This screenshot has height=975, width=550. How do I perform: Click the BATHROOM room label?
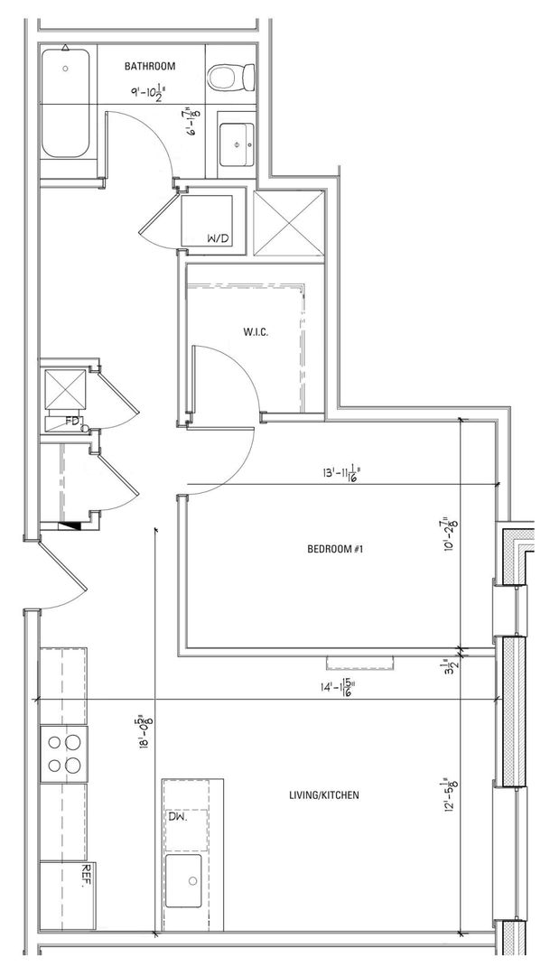151,66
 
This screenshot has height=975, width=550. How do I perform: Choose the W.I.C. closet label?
256,332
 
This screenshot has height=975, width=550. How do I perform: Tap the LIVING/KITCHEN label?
323,795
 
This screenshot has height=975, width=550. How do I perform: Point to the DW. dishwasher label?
177,817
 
